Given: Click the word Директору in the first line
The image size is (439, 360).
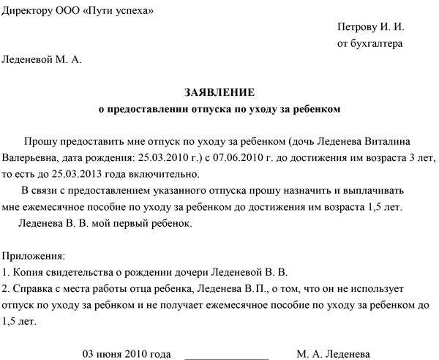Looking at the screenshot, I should pyautogui.click(x=30, y=10).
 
